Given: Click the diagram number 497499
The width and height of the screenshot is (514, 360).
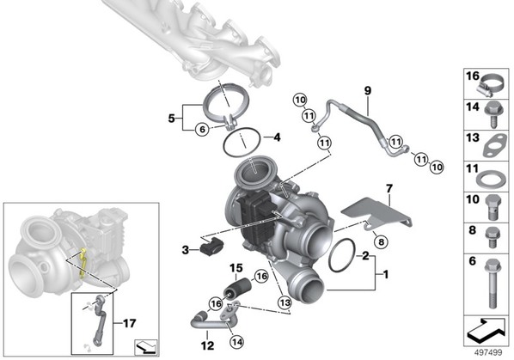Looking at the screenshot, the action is tap(488, 352).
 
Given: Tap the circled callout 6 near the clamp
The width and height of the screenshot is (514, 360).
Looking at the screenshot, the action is tap(202, 130).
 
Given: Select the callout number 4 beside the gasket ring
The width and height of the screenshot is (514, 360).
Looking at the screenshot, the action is tap(277, 137).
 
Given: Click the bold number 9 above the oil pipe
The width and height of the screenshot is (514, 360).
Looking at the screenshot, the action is tap(368, 90).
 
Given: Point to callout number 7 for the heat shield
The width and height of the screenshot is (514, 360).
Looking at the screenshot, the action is tap(389, 189).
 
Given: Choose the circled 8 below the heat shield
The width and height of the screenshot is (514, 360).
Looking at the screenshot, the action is tap(381, 242).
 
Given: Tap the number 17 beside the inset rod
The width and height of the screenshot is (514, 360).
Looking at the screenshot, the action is tap(129, 324).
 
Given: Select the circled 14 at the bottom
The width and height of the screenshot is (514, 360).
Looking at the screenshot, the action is tap(236, 342).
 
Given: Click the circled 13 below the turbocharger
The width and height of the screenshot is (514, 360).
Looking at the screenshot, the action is tap(285, 302).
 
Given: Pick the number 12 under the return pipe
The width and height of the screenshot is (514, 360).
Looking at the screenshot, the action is tap(207, 345).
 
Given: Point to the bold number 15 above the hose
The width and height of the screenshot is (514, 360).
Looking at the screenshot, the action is tap(236, 268).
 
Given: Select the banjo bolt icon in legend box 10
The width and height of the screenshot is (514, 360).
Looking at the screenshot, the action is tap(493, 207).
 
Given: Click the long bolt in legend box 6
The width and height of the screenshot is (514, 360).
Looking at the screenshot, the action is tap(493, 284).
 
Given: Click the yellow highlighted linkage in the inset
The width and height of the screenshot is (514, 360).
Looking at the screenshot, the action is tap(83, 263).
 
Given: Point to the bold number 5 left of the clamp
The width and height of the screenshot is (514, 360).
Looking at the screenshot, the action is tap(171, 119).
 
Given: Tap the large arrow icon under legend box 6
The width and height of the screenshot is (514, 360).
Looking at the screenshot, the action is tap(486, 331).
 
